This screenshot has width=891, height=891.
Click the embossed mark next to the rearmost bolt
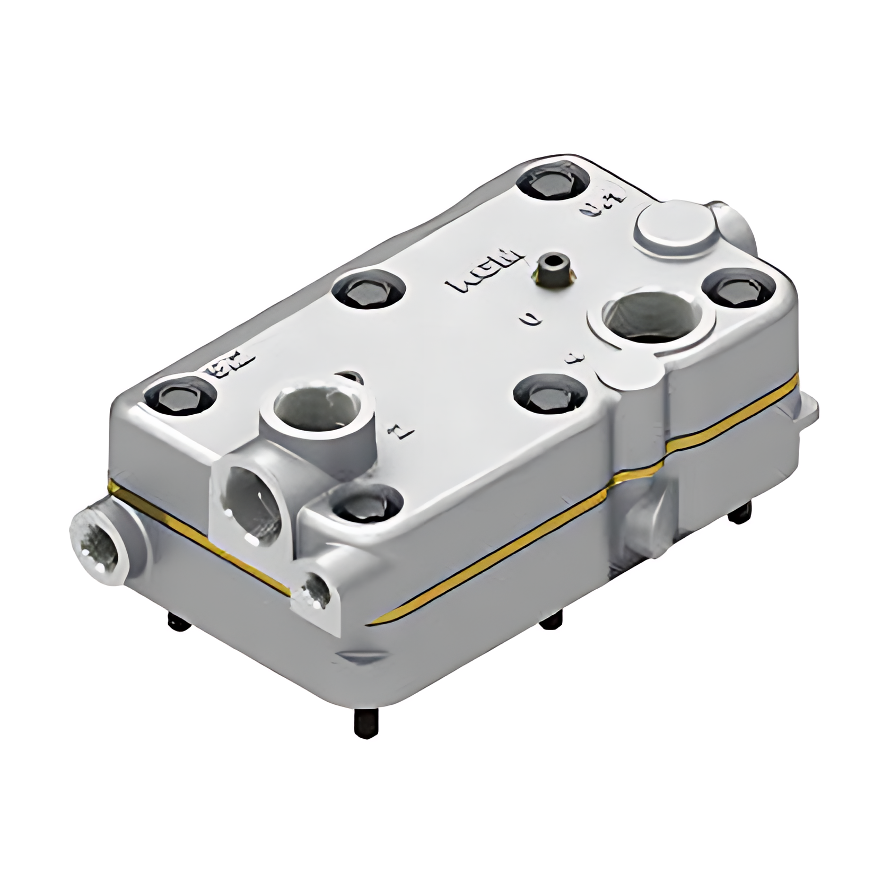point(605,203)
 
